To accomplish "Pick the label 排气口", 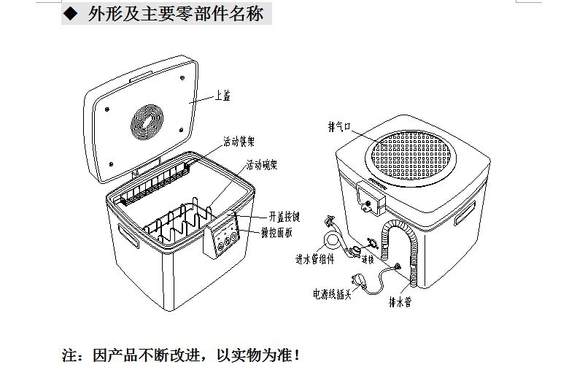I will coord(341,126).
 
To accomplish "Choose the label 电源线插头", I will coord(332,294).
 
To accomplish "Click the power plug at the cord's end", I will coord(359,280).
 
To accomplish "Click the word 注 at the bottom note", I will coord(69,356).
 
